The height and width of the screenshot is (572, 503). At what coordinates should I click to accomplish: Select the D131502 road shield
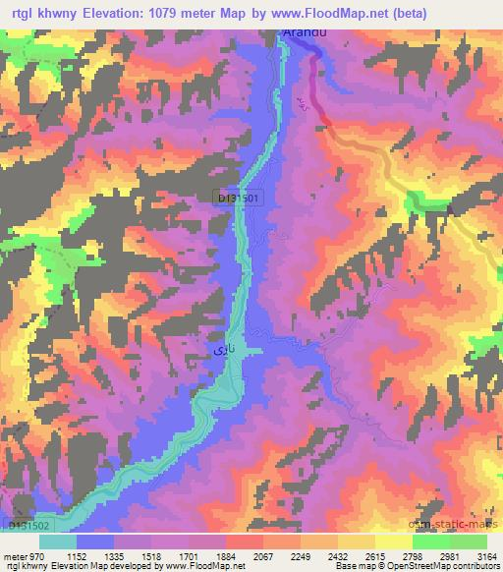coord(28,527)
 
